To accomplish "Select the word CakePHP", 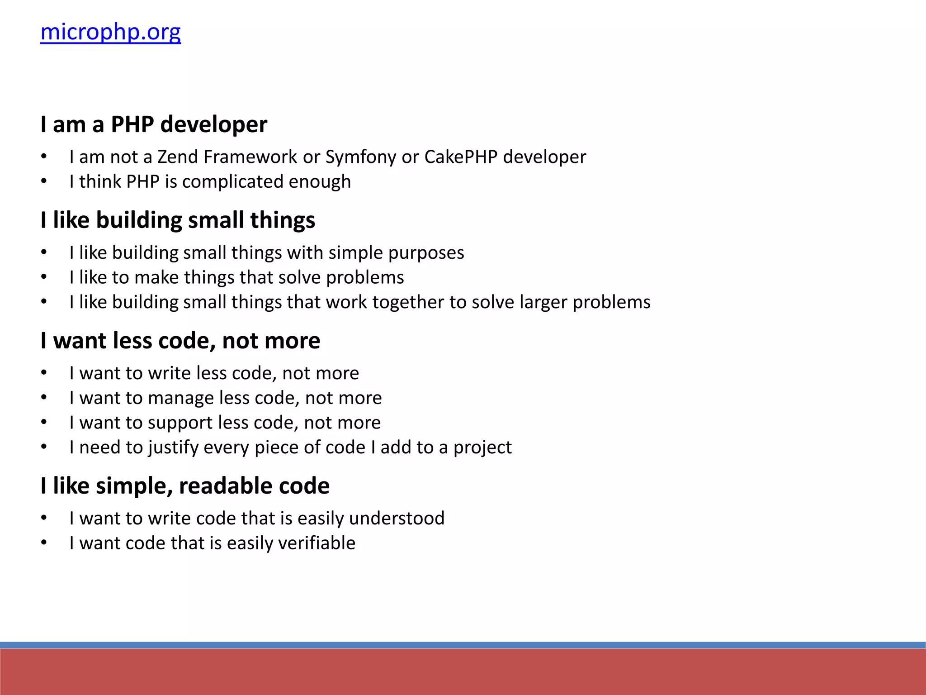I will coord(461,157).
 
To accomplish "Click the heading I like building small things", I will coord(178,220).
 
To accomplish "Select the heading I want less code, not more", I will coord(180,341).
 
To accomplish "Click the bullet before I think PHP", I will coord(44,182).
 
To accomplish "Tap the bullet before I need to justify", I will coord(44,447).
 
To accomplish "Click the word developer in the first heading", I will coord(213,125).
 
